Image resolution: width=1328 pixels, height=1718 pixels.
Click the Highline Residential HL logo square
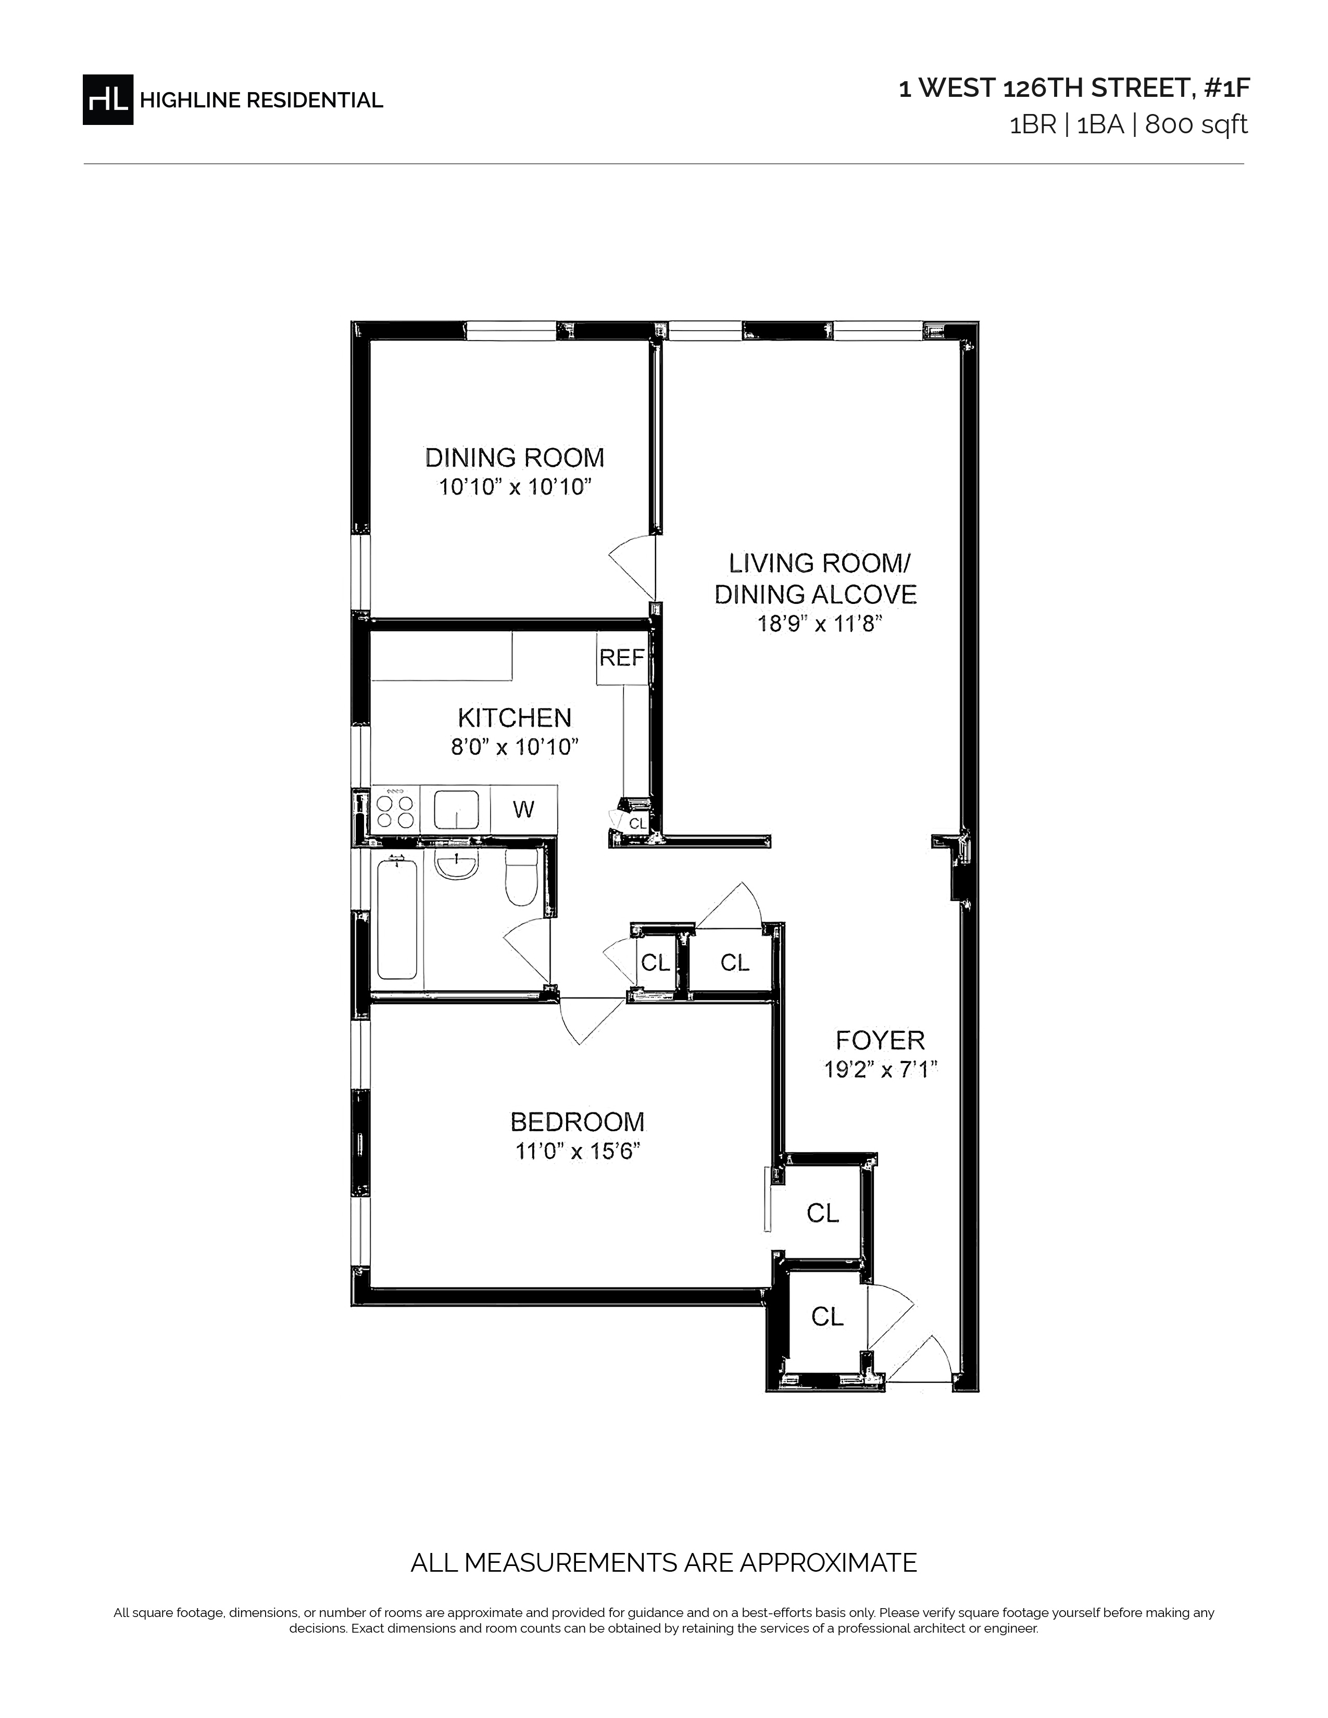(x=108, y=99)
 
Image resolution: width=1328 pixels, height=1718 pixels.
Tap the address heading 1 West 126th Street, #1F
(x=1074, y=88)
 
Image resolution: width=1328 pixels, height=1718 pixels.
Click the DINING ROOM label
(x=515, y=457)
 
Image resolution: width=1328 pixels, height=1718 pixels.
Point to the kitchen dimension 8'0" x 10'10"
(x=515, y=746)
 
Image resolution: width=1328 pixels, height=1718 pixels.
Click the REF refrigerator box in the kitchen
(x=621, y=657)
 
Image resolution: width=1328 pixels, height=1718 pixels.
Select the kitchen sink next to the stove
(x=456, y=810)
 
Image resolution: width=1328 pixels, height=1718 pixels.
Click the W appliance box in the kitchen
(x=524, y=810)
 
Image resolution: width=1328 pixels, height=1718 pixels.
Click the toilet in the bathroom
(x=520, y=877)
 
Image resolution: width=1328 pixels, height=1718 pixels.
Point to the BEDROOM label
(x=578, y=1121)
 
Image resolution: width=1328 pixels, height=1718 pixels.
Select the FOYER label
(x=880, y=1040)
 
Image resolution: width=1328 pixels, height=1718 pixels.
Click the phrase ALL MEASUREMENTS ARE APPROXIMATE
(x=663, y=1562)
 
